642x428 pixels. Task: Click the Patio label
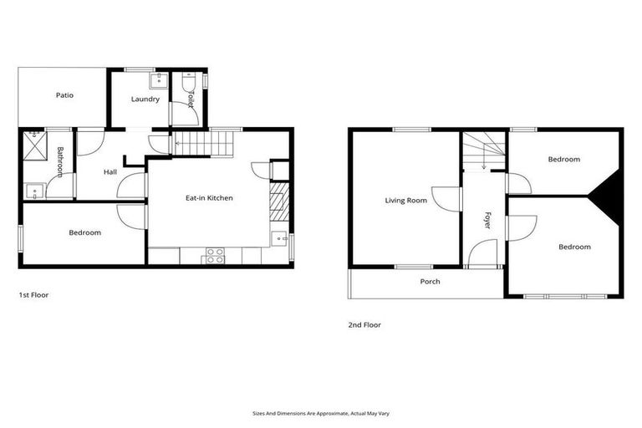[x=64, y=95]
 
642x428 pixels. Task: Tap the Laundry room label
[x=145, y=99]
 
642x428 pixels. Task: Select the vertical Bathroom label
[x=60, y=161]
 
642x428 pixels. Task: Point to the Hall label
[x=110, y=172]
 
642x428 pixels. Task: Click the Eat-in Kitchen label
[x=208, y=198]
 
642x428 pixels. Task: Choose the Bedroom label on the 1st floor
[x=84, y=232]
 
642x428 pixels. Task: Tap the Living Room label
[x=405, y=201]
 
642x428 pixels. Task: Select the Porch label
[x=429, y=282]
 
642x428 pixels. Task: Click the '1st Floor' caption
[x=35, y=295]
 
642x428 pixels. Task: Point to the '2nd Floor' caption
[x=364, y=324]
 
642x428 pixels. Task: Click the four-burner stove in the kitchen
[x=214, y=256]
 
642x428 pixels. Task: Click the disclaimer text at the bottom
[x=320, y=413]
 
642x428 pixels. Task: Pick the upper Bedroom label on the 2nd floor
[x=563, y=159]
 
